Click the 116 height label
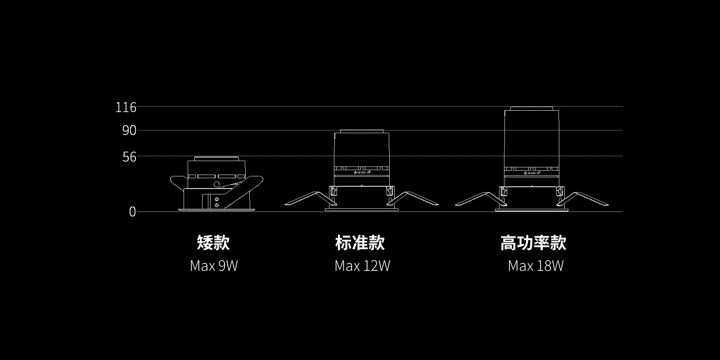[126, 108]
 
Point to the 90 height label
[129, 131]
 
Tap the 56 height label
[129, 157]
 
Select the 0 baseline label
[132, 212]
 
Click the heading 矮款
[213, 243]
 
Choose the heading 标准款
[360, 243]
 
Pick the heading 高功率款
[533, 243]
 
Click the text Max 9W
[214, 266]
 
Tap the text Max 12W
[362, 266]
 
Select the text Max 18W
[535, 266]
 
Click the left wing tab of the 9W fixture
[178, 181]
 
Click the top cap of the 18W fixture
[531, 108]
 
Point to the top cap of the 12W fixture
[361, 131]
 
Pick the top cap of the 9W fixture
[216, 158]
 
